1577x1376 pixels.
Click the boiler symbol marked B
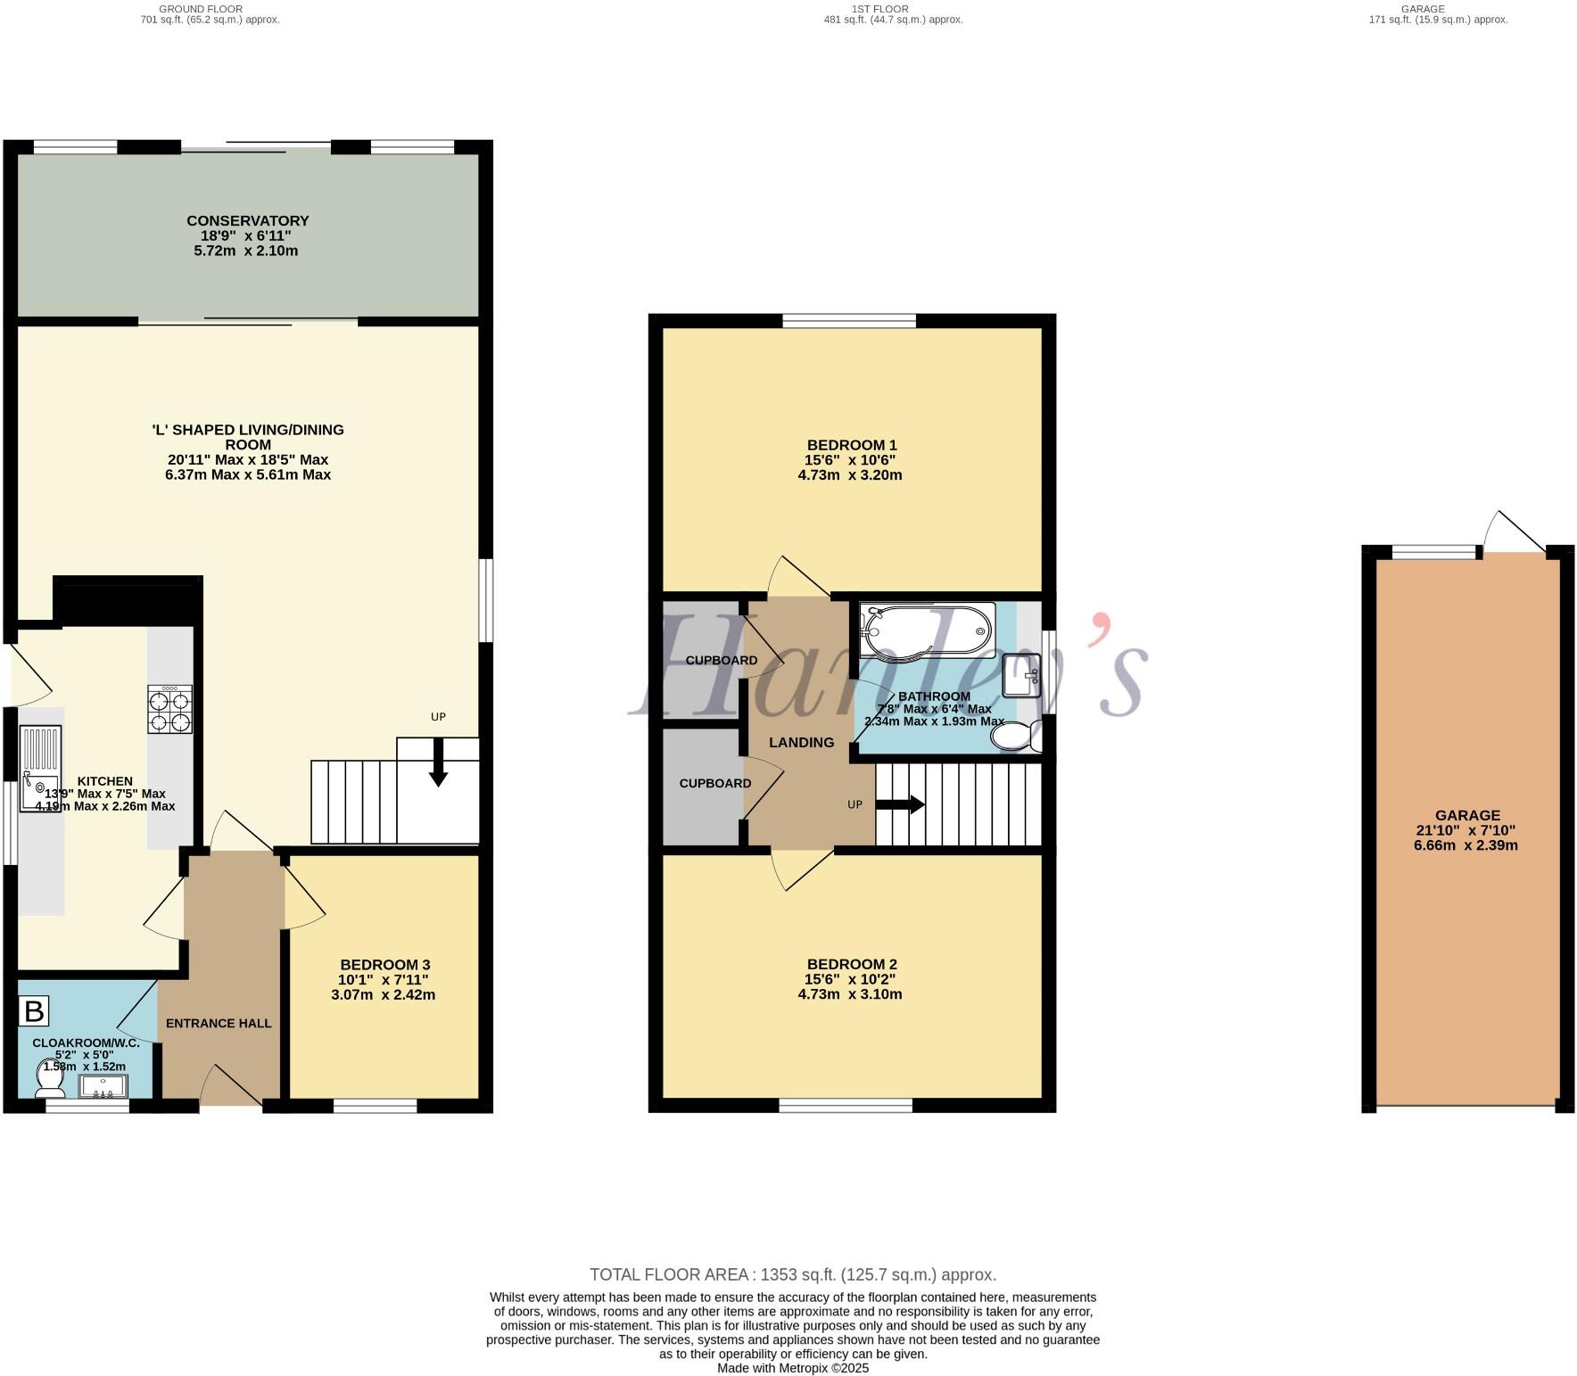pos(34,1011)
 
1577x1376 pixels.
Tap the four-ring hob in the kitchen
pos(169,709)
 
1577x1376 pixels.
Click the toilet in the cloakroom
pos(49,1079)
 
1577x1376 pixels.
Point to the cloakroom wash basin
pos(103,1086)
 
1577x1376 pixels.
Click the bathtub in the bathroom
pos(927,630)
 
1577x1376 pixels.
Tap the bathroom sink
pos(1022,675)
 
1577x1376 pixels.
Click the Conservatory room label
pos(248,220)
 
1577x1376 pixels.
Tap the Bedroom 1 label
pos(852,445)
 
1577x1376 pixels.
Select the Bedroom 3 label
pos(385,964)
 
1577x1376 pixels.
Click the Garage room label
pos(1467,815)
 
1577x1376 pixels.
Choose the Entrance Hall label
pos(219,1023)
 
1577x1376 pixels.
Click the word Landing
pos(801,742)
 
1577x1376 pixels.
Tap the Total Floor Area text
pos(792,1274)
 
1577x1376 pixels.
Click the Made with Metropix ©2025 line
pos(792,1368)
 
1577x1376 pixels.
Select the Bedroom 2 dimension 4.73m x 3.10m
pos(850,994)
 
